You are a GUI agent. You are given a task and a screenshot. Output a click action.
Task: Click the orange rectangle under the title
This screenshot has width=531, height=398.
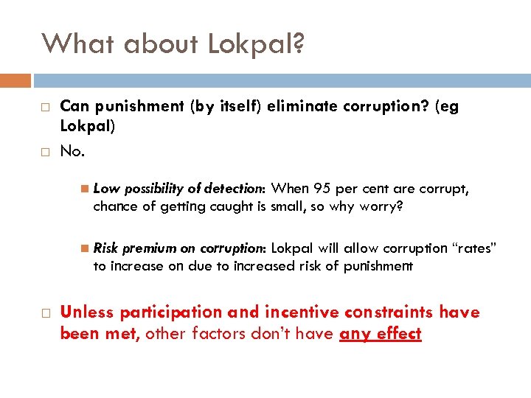click(x=15, y=80)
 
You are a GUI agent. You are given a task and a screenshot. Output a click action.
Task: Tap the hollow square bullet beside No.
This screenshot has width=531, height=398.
click(x=45, y=151)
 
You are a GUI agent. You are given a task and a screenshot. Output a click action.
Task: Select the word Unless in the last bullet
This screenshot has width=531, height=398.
click(x=86, y=313)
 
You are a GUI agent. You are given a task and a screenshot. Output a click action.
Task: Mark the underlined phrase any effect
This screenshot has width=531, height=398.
click(x=381, y=334)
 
